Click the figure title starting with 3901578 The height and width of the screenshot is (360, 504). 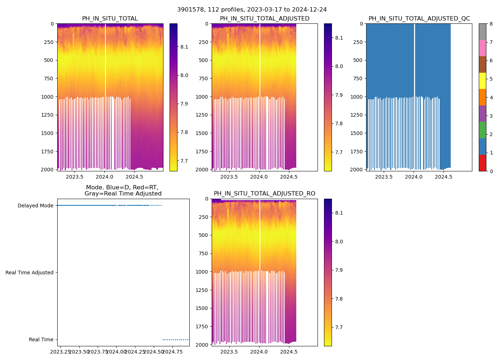pos(252,10)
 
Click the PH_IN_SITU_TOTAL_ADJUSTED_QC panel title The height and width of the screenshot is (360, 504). pos(419,19)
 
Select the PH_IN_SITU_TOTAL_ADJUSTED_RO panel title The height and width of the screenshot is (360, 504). pos(264,194)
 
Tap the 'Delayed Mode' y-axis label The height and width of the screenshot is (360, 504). pos(35,206)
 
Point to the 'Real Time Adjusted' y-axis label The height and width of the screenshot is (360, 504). pos(29,273)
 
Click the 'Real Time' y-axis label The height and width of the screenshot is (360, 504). pos(41,340)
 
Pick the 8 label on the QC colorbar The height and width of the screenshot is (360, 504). pos(490,24)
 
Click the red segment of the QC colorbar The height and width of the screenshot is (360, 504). pos(482,163)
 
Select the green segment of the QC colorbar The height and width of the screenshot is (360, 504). pos(482,130)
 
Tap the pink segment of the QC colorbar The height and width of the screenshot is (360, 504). pos(482,48)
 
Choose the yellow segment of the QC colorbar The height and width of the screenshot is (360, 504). pos(482,81)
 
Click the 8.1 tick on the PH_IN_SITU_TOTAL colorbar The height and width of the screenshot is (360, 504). pos(184,47)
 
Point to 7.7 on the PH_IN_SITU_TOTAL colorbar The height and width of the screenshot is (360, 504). pos(184,161)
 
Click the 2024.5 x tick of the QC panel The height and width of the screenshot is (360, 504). pos(444,177)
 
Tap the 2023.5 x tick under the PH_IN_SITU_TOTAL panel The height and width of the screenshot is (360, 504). pos(75,177)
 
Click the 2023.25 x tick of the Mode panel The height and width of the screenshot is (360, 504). pos(60,352)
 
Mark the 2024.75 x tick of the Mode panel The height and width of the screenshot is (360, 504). pos(172,352)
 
